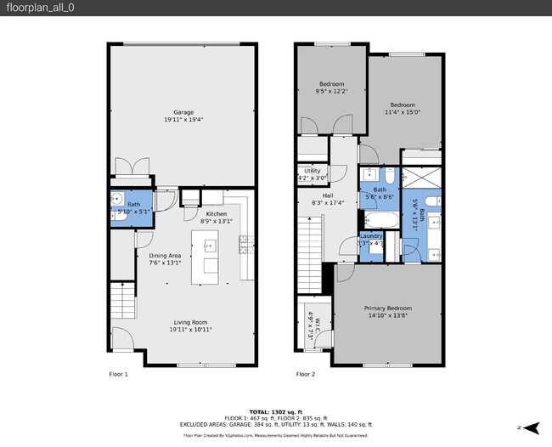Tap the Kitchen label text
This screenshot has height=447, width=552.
coord(217,218)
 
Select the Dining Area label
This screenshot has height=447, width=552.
coord(166,259)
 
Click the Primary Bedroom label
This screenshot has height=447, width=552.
coord(388,311)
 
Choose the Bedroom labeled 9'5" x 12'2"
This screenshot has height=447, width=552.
coord(331,88)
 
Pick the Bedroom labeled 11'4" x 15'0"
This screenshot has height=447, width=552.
coord(403,108)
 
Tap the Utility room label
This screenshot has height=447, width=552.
coord(312,174)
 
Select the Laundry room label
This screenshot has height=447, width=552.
coord(372,239)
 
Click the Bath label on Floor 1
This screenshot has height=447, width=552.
coord(133,207)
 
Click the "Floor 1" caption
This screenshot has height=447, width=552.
coord(118,374)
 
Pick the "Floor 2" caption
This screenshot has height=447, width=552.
coord(305,374)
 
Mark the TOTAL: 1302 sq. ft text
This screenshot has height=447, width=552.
coord(276,411)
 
